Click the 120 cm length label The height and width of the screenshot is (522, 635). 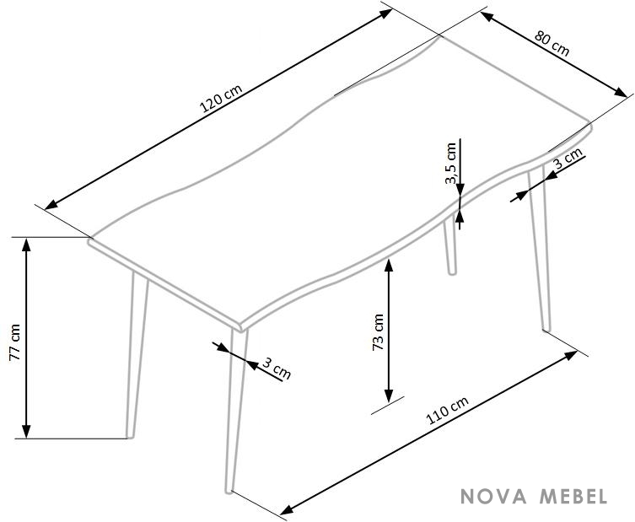221,98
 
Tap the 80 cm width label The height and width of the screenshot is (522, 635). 552,43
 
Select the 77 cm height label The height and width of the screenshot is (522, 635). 14,342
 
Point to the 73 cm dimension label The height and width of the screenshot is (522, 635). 378,331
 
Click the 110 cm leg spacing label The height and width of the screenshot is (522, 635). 447,410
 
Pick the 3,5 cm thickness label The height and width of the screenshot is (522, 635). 450,163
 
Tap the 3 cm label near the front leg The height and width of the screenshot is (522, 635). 277,369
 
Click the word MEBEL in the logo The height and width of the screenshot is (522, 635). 573,497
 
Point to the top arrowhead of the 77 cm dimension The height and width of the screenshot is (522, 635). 26,245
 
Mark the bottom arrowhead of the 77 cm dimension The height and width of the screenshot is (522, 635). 26,431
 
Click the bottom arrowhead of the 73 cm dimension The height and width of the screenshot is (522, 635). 389,396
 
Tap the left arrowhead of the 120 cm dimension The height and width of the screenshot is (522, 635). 51,205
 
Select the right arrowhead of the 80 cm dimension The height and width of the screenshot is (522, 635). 621,92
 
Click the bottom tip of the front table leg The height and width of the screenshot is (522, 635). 229,492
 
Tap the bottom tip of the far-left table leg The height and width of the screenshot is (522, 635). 130,437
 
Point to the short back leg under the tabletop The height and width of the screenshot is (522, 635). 450,246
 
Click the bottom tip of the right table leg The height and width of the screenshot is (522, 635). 546,329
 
